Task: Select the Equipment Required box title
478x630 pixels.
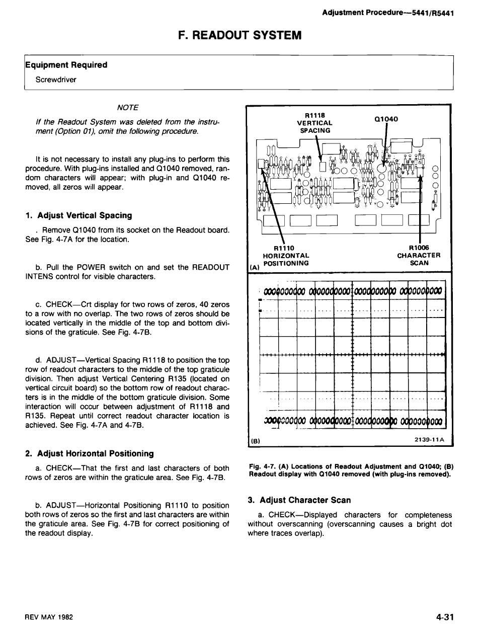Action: point(66,65)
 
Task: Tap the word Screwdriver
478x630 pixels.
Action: point(56,79)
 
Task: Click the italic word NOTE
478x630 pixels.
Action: point(127,107)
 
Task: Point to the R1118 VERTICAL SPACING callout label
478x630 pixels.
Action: point(314,122)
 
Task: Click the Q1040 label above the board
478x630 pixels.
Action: point(386,119)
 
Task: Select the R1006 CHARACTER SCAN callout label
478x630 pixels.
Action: point(419,255)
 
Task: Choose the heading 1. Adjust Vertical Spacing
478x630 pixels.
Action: point(78,215)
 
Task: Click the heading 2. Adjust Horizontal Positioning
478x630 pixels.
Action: point(90,454)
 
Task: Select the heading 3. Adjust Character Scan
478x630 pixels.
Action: point(299,500)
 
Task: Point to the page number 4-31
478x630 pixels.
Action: point(445,617)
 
